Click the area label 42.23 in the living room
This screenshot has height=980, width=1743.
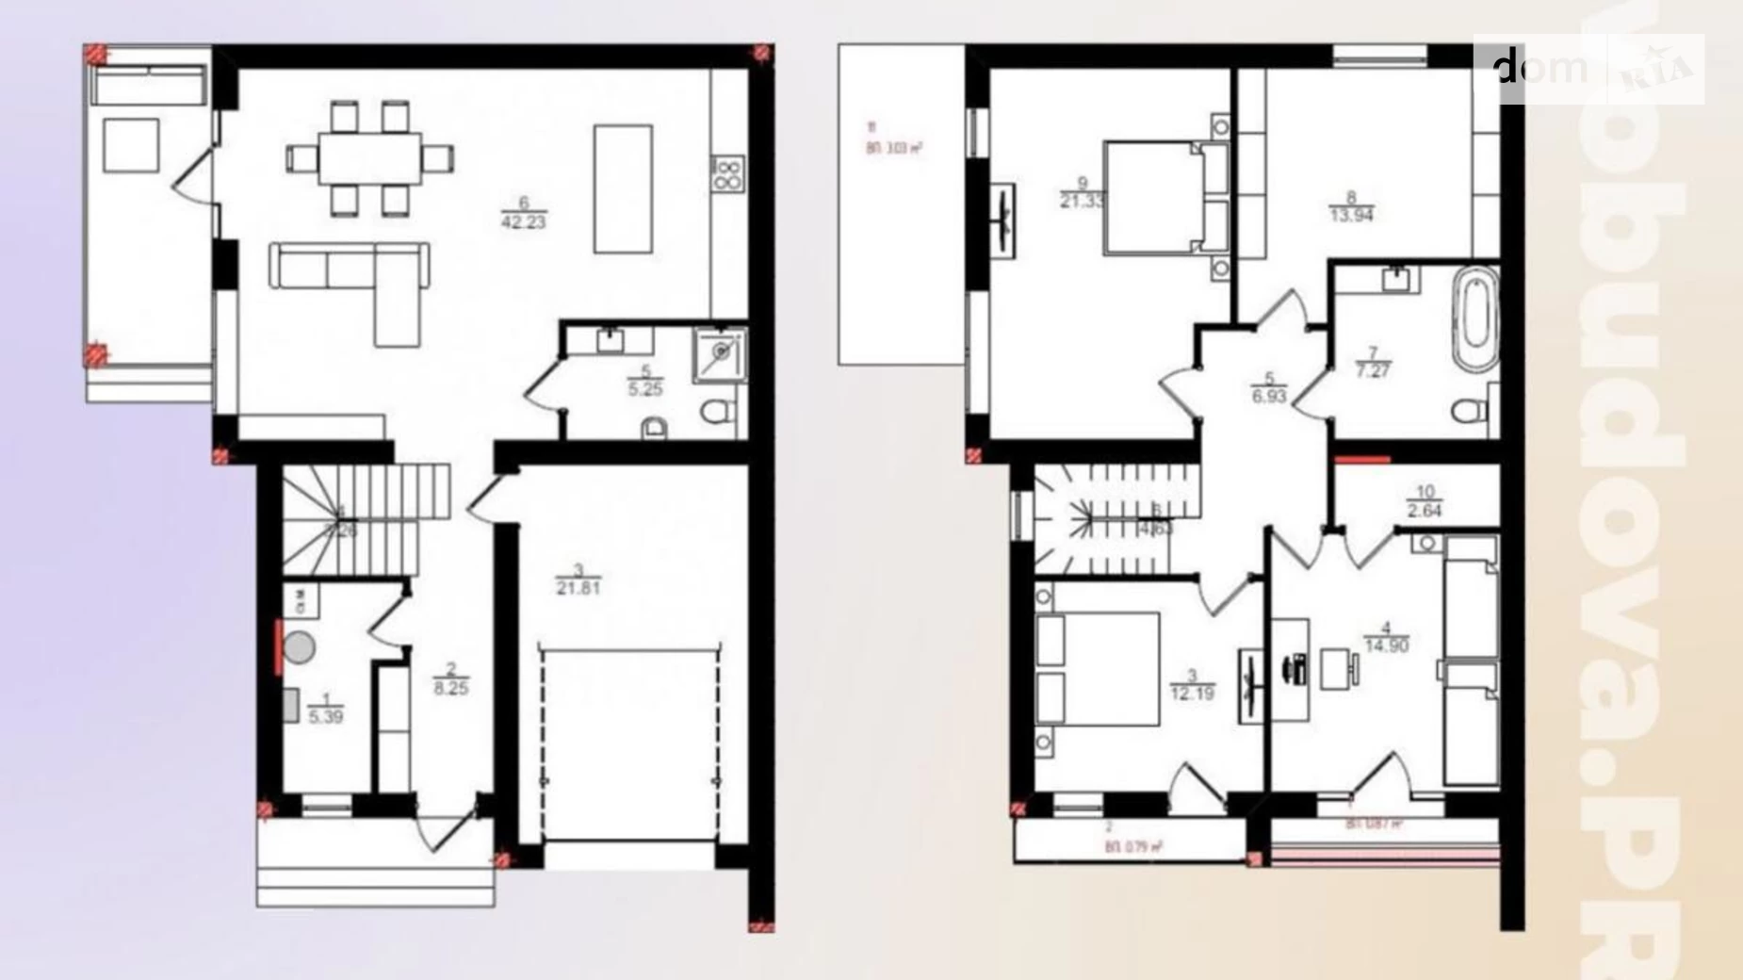point(524,222)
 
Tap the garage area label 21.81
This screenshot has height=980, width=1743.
point(578,588)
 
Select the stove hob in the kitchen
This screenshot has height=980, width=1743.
point(728,173)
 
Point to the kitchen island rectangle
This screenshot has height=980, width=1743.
point(623,188)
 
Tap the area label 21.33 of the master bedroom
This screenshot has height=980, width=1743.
point(1082,201)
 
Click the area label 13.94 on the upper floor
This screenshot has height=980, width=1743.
point(1352,214)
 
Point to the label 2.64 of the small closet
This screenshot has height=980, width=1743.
point(1424,511)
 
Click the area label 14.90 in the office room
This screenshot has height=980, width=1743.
point(1386,645)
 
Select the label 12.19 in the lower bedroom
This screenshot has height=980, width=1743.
point(1192,694)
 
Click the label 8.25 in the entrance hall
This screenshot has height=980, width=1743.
point(450,688)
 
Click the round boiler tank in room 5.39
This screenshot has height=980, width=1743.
point(300,647)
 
